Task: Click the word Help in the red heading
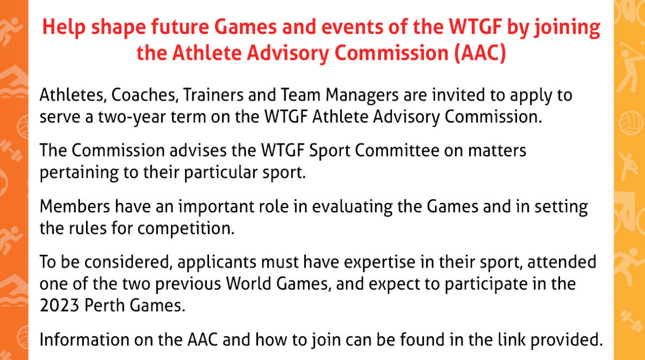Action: pos(64,27)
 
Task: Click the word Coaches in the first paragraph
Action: pos(143,95)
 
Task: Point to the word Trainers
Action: pos(213,95)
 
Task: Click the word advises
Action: pos(198,150)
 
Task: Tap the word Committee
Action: pos(397,150)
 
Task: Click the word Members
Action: pos(75,207)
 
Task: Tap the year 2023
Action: pos(59,306)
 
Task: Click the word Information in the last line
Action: pos(84,340)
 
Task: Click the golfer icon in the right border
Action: pos(630,66)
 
